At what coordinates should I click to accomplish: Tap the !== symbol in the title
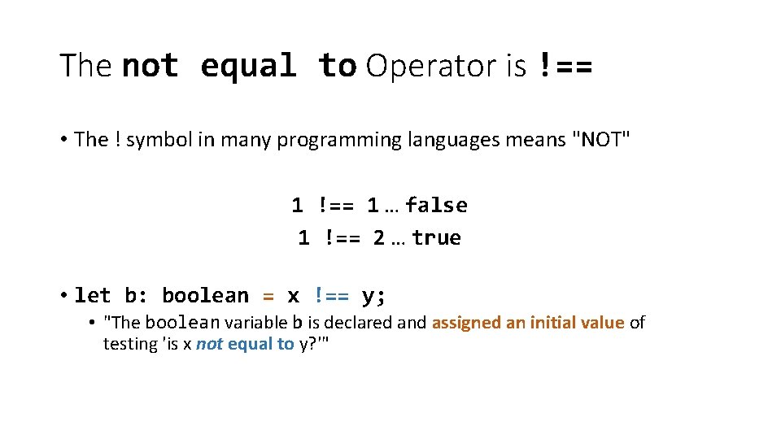coord(565,66)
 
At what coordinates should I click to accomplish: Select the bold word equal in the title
coord(248,66)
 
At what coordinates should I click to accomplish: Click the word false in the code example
coord(436,205)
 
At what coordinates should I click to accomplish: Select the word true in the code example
coord(436,238)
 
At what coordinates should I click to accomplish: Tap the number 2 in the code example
coord(378,238)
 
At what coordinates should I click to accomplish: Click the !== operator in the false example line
coord(335,205)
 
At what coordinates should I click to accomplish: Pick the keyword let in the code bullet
coord(93,295)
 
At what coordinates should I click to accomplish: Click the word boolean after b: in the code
coord(205,295)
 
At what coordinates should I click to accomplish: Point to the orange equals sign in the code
coord(268,295)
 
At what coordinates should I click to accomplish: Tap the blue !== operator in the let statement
coord(331,295)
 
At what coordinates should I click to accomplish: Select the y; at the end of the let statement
coord(373,295)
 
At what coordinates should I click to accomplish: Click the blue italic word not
coord(209,344)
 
